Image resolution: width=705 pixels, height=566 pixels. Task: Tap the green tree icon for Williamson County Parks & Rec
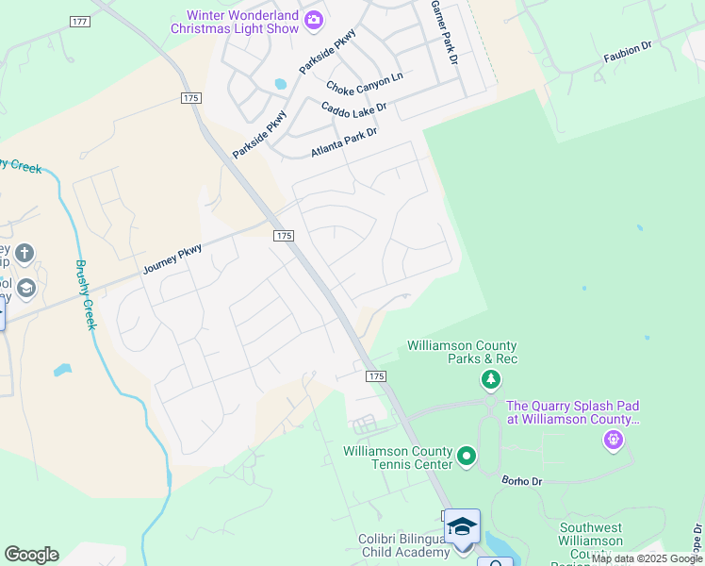pos(490,380)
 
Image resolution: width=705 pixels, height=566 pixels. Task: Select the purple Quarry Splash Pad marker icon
pos(614,440)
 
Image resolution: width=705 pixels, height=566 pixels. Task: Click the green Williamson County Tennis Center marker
pos(466,458)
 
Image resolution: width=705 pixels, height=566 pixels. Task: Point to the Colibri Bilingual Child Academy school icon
pos(462,526)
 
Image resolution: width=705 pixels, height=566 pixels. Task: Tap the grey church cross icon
pos(25,253)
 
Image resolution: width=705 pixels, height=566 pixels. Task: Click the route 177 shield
pos(80,21)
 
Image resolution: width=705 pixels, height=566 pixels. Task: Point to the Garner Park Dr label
pos(444,32)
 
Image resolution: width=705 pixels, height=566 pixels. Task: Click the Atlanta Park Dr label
pos(344,142)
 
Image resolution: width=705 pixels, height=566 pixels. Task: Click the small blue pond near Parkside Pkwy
pos(280,84)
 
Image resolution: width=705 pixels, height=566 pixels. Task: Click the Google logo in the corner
pos(31,555)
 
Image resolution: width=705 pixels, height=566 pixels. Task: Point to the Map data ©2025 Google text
pos(648,559)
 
